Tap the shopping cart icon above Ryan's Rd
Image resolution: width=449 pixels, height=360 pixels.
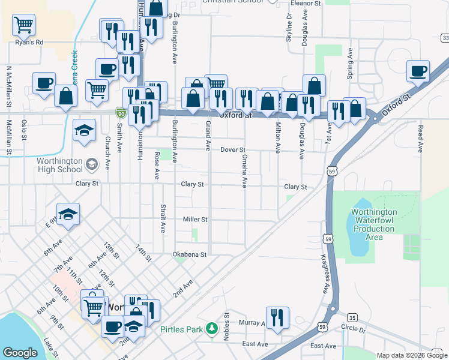[24, 25]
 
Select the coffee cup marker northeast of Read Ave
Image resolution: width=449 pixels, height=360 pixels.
[418, 71]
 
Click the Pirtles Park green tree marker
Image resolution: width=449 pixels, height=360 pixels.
[211, 328]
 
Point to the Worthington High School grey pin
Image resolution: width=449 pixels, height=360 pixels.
[92, 164]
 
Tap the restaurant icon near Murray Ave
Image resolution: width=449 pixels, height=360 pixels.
[277, 317]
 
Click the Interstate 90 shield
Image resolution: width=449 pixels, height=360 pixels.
[121, 112]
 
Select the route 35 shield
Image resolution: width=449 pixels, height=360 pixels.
[352, 317]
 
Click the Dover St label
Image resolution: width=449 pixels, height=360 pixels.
[233, 149]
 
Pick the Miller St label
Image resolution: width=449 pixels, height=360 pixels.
[195, 220]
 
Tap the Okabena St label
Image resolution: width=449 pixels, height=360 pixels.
[190, 254]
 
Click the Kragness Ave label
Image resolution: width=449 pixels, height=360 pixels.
[324, 274]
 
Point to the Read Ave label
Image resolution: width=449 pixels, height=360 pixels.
[421, 138]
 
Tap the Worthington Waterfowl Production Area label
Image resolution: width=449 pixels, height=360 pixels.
[374, 224]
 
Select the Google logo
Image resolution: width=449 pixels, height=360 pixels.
[20, 353]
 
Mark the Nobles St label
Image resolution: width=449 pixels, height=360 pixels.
[227, 325]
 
